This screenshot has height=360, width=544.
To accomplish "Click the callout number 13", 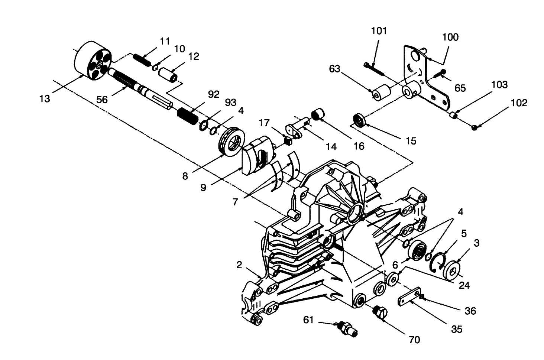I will click(45, 99).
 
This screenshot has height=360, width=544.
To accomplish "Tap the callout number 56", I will click(102, 100).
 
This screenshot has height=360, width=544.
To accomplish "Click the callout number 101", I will click(379, 31).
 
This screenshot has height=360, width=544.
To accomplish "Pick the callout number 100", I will click(450, 37).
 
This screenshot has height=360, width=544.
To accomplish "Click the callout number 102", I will click(519, 103).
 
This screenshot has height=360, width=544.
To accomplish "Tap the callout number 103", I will click(499, 85).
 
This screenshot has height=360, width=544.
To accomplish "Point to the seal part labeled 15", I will click(359, 121).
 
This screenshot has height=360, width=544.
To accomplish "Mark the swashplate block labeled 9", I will click(256, 156).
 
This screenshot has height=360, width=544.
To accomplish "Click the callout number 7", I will click(235, 202).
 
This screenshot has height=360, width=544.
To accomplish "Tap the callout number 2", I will click(239, 265).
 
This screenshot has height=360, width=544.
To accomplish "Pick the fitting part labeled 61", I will click(348, 329).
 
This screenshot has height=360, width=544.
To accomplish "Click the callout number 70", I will click(414, 340).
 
